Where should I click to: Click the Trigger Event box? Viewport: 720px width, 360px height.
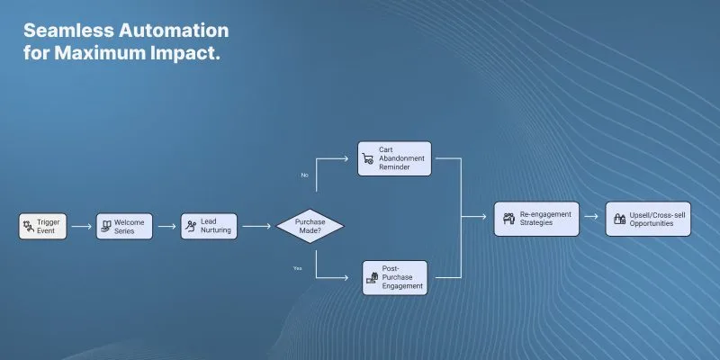point(42,227)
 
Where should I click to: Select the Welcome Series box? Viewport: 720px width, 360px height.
point(124,227)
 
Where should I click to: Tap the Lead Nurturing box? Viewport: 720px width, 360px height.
point(209,227)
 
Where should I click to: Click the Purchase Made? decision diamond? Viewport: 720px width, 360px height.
point(310,226)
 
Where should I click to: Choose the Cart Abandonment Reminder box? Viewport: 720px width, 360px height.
point(394,158)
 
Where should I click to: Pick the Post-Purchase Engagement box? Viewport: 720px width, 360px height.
point(394,278)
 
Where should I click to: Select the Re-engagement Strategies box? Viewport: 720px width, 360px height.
point(536,219)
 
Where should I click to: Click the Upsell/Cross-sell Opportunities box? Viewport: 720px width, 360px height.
point(648,219)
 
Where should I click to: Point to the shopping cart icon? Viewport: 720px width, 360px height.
point(368,159)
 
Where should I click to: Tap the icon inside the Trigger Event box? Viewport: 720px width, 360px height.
point(29,227)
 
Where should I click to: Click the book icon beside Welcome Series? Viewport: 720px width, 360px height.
point(106,226)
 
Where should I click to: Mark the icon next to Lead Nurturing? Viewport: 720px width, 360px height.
point(191,226)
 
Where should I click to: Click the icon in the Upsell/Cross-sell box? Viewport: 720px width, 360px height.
point(620,219)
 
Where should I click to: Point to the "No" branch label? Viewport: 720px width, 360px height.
point(304,175)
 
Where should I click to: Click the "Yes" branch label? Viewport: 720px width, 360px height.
point(298,268)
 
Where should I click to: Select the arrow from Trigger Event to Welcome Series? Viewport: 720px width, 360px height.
point(82,227)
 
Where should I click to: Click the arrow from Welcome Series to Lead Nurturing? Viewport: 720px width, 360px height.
point(167,227)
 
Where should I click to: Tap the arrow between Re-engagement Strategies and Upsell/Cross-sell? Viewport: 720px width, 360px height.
point(591,216)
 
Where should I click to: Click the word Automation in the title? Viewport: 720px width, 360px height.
point(174,31)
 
